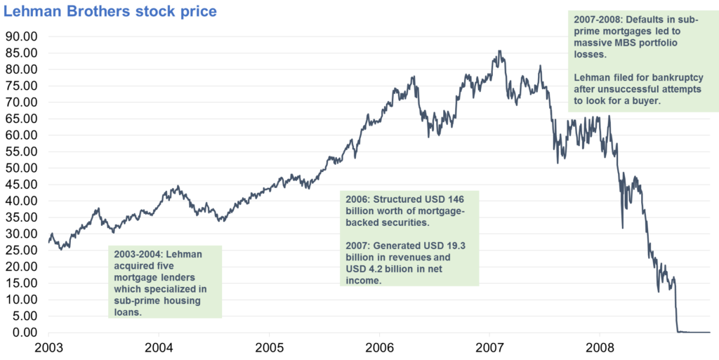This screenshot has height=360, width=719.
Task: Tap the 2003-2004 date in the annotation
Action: pyautogui.click(x=139, y=253)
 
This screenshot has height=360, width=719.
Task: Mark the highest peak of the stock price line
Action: pyautogui.click(x=499, y=51)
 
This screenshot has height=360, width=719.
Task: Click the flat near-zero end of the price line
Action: pyautogui.click(x=695, y=333)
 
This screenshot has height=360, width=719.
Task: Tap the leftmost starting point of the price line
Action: pyautogui.click(x=48, y=241)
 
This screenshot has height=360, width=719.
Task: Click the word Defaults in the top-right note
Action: pyautogui.click(x=649, y=20)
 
